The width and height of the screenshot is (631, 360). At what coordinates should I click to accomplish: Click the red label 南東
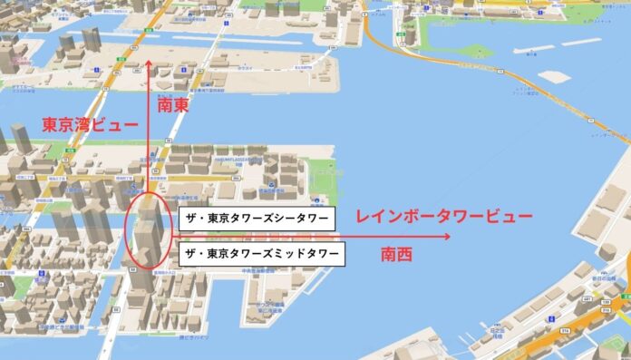point(173,106)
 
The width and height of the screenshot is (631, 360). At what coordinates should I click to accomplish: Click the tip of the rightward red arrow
point(450,237)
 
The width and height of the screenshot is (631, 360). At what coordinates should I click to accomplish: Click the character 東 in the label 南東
point(183,106)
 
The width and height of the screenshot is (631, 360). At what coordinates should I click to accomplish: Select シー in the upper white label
point(283,219)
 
